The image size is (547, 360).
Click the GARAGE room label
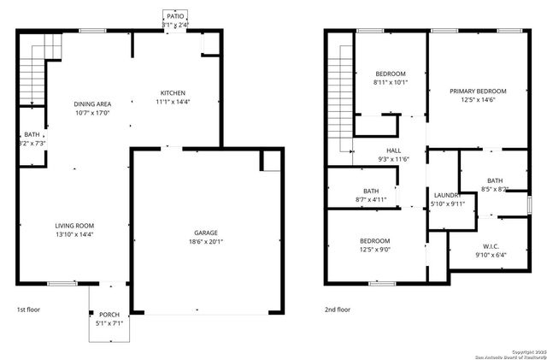(205, 233)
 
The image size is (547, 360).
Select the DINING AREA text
(92, 103)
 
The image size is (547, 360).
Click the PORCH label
(109, 314)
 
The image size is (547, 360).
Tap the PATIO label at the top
(175, 16)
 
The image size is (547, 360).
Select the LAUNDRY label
(447, 195)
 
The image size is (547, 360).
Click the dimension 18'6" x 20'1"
(205, 242)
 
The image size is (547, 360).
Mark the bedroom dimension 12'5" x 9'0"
(374, 250)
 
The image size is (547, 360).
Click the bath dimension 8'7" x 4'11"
(371, 199)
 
